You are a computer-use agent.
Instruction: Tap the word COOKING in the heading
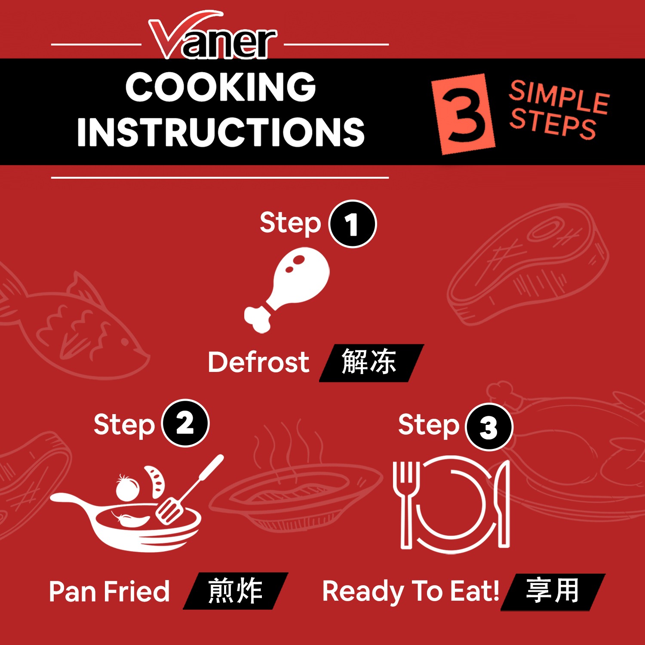coord(221,87)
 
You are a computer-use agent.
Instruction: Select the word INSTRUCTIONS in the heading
coord(221,132)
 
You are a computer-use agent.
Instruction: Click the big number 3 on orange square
coord(464,114)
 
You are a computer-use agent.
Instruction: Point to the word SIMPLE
coord(559,97)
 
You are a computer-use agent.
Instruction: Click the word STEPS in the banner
coord(553,123)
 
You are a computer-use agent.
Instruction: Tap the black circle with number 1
coord(353,224)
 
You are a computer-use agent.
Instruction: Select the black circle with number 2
coord(185,424)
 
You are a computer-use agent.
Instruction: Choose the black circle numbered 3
coord(489,427)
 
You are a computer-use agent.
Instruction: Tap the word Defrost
coord(258,362)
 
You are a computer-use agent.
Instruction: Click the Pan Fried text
coord(109,591)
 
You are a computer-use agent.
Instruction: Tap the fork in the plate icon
coord(405,503)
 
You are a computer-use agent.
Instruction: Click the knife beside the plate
coord(502,503)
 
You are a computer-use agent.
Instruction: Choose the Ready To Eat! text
coord(411,591)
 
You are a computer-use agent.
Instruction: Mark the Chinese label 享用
coord(553,591)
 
